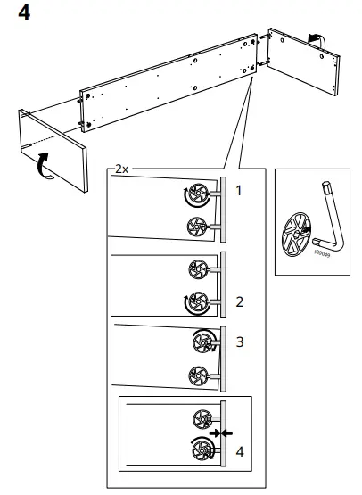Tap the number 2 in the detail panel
[x=239, y=301]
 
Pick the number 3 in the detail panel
[x=239, y=342]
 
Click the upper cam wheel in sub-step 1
[x=197, y=194]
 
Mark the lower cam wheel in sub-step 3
[x=198, y=375]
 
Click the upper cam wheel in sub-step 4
[x=202, y=417]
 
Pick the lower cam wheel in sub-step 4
[x=202, y=450]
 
